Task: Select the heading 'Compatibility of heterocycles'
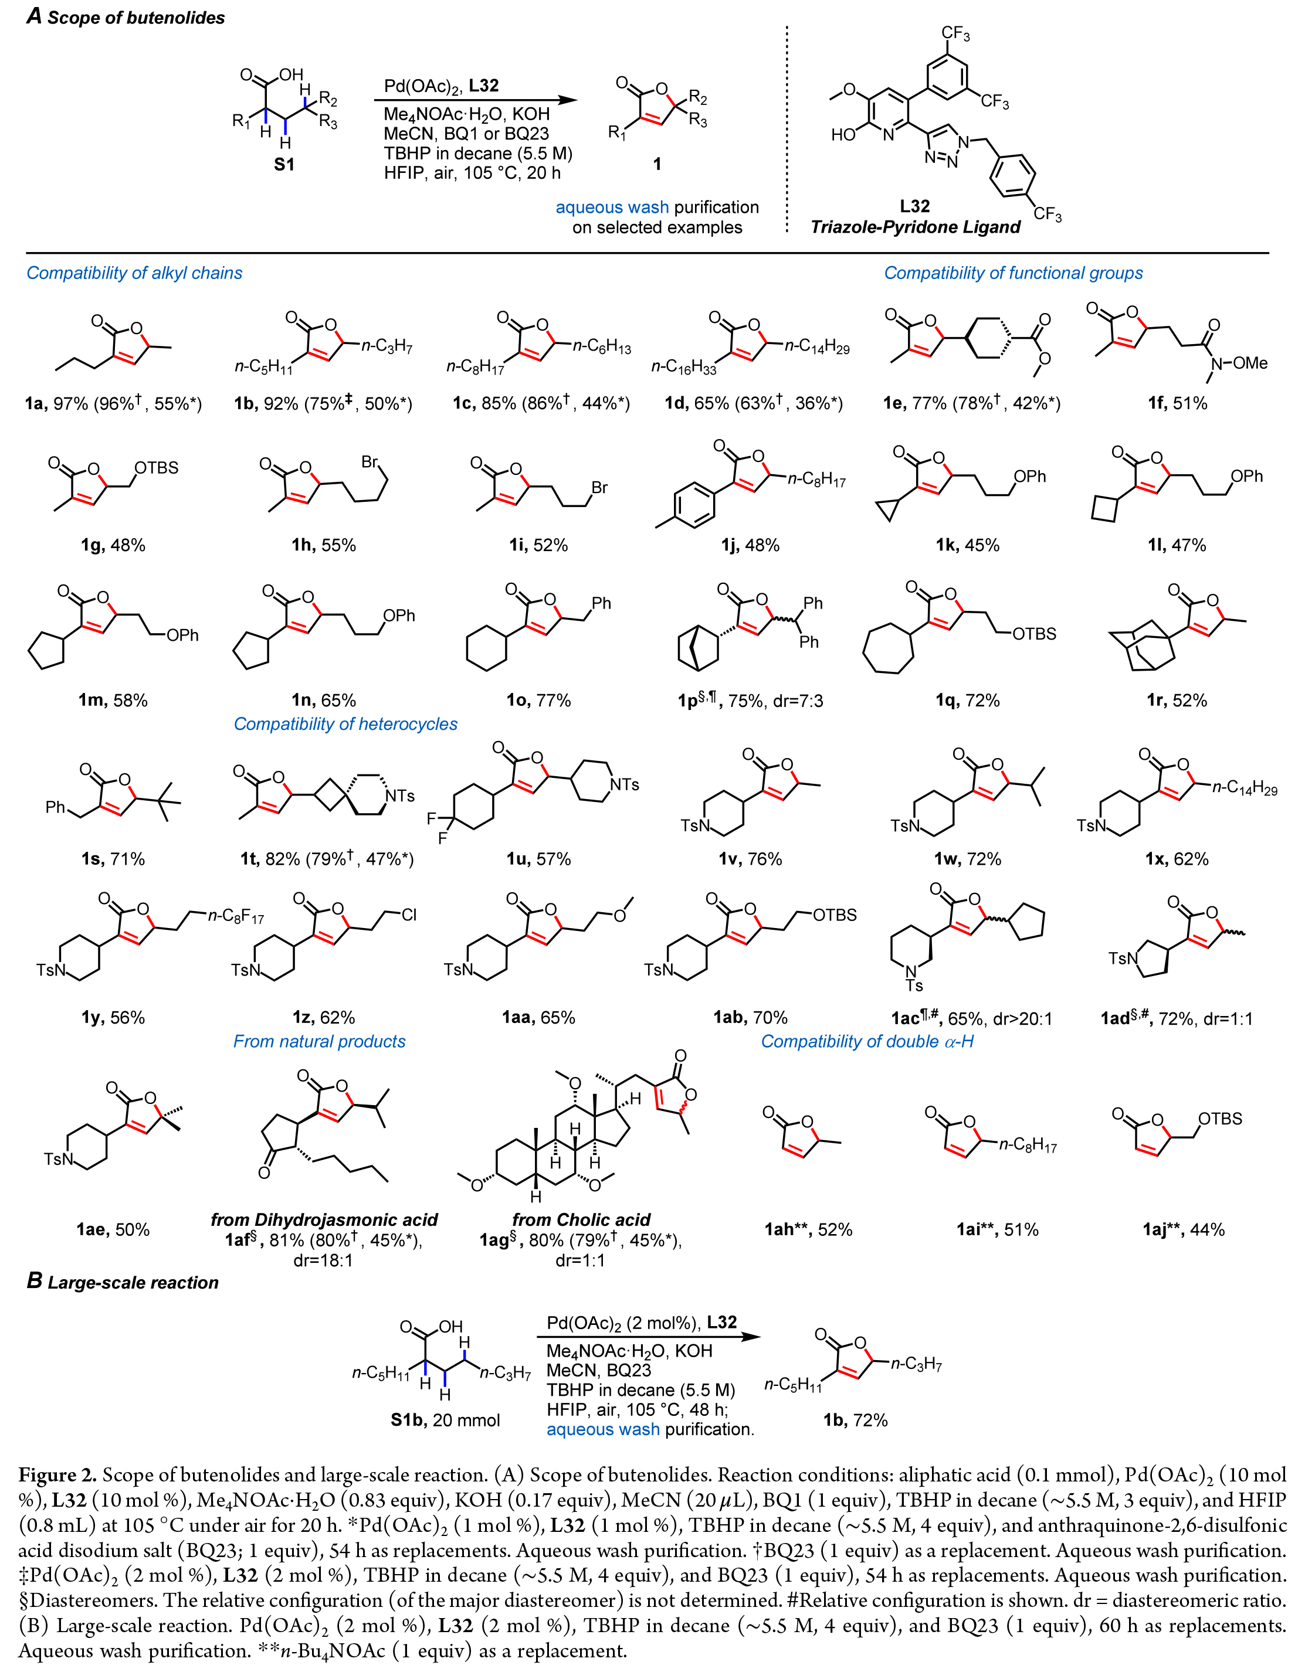click(x=345, y=724)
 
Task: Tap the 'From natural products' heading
click(x=319, y=1041)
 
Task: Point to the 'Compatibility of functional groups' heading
click(x=1014, y=273)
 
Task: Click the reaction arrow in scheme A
click(x=475, y=100)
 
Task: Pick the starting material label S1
click(x=284, y=164)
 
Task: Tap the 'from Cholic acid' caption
click(x=581, y=1219)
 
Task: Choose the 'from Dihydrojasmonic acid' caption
click(x=324, y=1219)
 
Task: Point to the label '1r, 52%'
click(x=1177, y=701)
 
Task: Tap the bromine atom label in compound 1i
click(x=599, y=488)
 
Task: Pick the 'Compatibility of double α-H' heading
click(x=867, y=1041)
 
